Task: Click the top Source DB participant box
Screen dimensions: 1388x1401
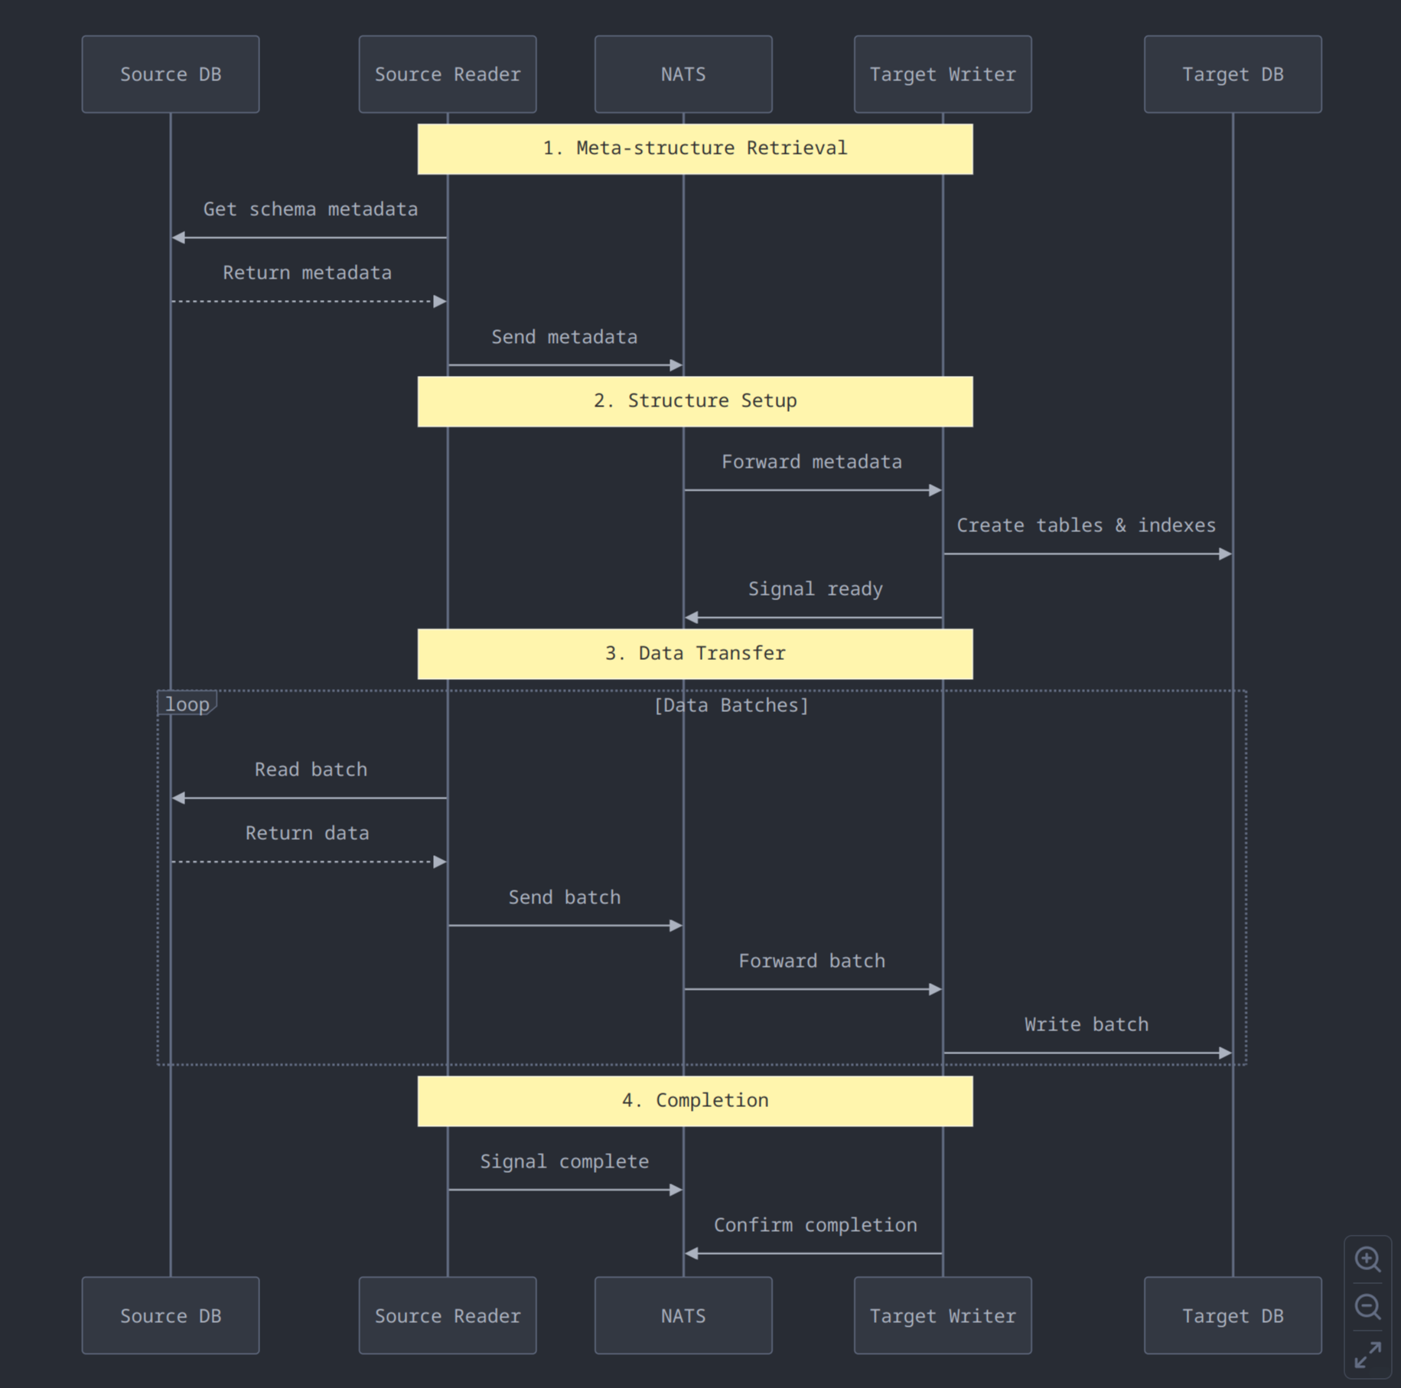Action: pyautogui.click(x=170, y=74)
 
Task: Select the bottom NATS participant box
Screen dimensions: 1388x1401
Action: pyautogui.click(x=683, y=1315)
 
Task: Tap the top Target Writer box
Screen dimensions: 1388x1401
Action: pyautogui.click(x=942, y=74)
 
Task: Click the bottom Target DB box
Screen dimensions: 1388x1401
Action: pyautogui.click(x=1232, y=1315)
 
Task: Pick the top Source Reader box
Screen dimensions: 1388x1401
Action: pyautogui.click(x=447, y=74)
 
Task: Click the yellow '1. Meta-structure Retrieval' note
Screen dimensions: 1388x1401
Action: pyautogui.click(x=695, y=149)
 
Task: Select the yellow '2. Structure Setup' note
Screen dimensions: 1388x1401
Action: pyautogui.click(x=695, y=401)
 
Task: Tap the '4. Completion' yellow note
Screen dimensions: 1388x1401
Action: pyautogui.click(x=695, y=1101)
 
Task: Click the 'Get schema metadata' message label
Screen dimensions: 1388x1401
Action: pyautogui.click(x=310, y=209)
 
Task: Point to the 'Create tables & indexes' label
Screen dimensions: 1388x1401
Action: pyautogui.click(x=1086, y=525)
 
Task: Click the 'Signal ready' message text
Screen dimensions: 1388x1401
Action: pyautogui.click(x=815, y=589)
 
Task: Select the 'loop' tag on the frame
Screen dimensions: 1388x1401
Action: pyautogui.click(x=187, y=704)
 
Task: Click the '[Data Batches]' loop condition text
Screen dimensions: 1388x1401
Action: pyautogui.click(x=731, y=705)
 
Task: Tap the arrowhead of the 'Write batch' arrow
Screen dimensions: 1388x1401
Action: pyautogui.click(x=1224, y=1053)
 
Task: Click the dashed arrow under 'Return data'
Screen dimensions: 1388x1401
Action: pyautogui.click(x=306, y=862)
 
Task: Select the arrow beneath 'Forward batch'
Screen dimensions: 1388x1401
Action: pyautogui.click(x=811, y=989)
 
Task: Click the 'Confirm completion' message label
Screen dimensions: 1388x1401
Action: pyautogui.click(x=815, y=1225)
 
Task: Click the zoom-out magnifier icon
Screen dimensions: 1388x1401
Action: pyautogui.click(x=1367, y=1306)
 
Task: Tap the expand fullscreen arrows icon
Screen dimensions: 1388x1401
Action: pyautogui.click(x=1367, y=1354)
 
